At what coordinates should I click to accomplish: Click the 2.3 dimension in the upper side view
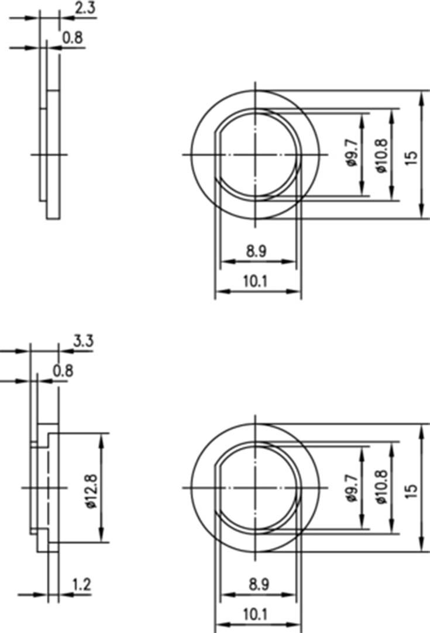(85, 8)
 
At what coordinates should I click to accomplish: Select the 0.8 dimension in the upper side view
(73, 38)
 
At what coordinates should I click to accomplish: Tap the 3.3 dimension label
(84, 341)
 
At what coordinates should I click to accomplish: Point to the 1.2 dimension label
(81, 584)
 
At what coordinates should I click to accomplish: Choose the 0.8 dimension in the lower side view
(63, 370)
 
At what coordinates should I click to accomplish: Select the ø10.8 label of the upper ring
(382, 154)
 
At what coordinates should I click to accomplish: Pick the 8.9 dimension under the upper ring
(256, 252)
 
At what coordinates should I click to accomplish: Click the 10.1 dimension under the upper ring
(256, 281)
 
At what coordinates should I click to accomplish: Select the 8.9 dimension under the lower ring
(256, 584)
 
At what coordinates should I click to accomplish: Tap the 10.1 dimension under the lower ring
(256, 614)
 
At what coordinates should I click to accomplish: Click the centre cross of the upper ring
(256, 154)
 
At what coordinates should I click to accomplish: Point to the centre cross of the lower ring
(256, 487)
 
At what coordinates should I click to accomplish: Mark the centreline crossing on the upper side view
(47, 154)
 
